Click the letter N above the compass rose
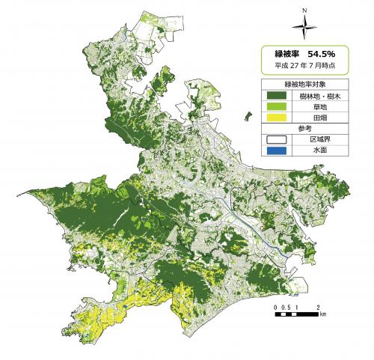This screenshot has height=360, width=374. click(x=304, y=11)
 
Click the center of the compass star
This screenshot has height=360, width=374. click(x=304, y=29)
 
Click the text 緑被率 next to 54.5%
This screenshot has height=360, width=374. click(x=287, y=54)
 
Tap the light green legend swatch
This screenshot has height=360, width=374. click(x=277, y=106)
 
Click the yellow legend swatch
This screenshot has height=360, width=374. click(x=277, y=118)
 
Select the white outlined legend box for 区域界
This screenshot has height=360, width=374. click(x=277, y=139)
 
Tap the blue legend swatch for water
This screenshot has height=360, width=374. click(x=277, y=150)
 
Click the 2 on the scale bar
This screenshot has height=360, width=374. click(x=319, y=308)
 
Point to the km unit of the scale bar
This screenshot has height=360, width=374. click(x=322, y=316)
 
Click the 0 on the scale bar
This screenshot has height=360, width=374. click(x=275, y=308)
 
